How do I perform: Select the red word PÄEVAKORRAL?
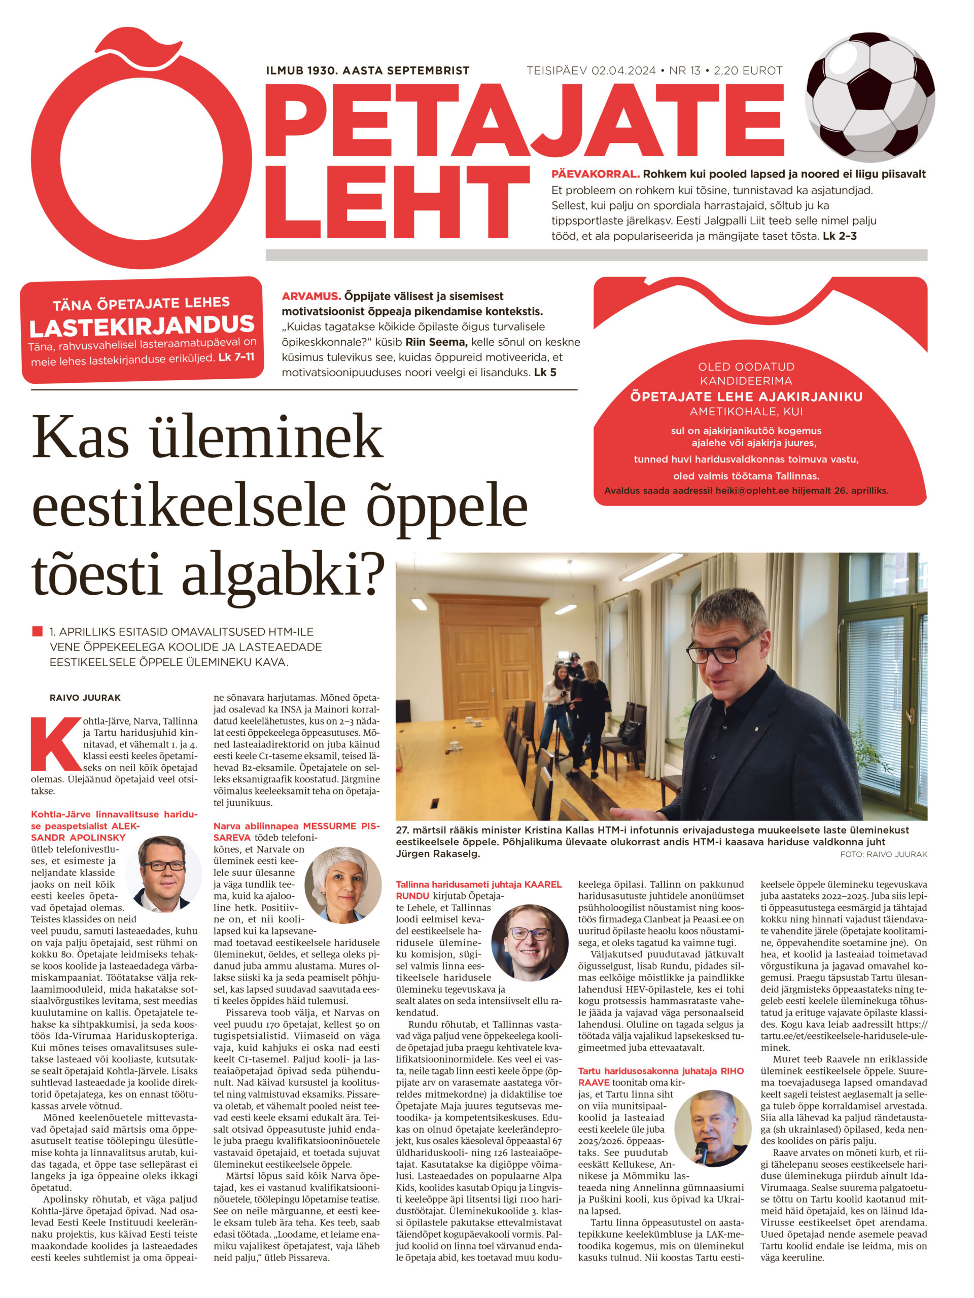tap(595, 174)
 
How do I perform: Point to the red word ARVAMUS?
tap(311, 296)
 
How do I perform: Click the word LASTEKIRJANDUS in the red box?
tap(142, 326)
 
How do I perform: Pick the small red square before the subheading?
tap(38, 631)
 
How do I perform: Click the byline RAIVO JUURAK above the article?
tap(85, 698)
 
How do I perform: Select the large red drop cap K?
tap(56, 743)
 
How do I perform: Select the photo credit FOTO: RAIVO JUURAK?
tap(883, 854)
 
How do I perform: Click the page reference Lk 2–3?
tap(840, 236)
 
